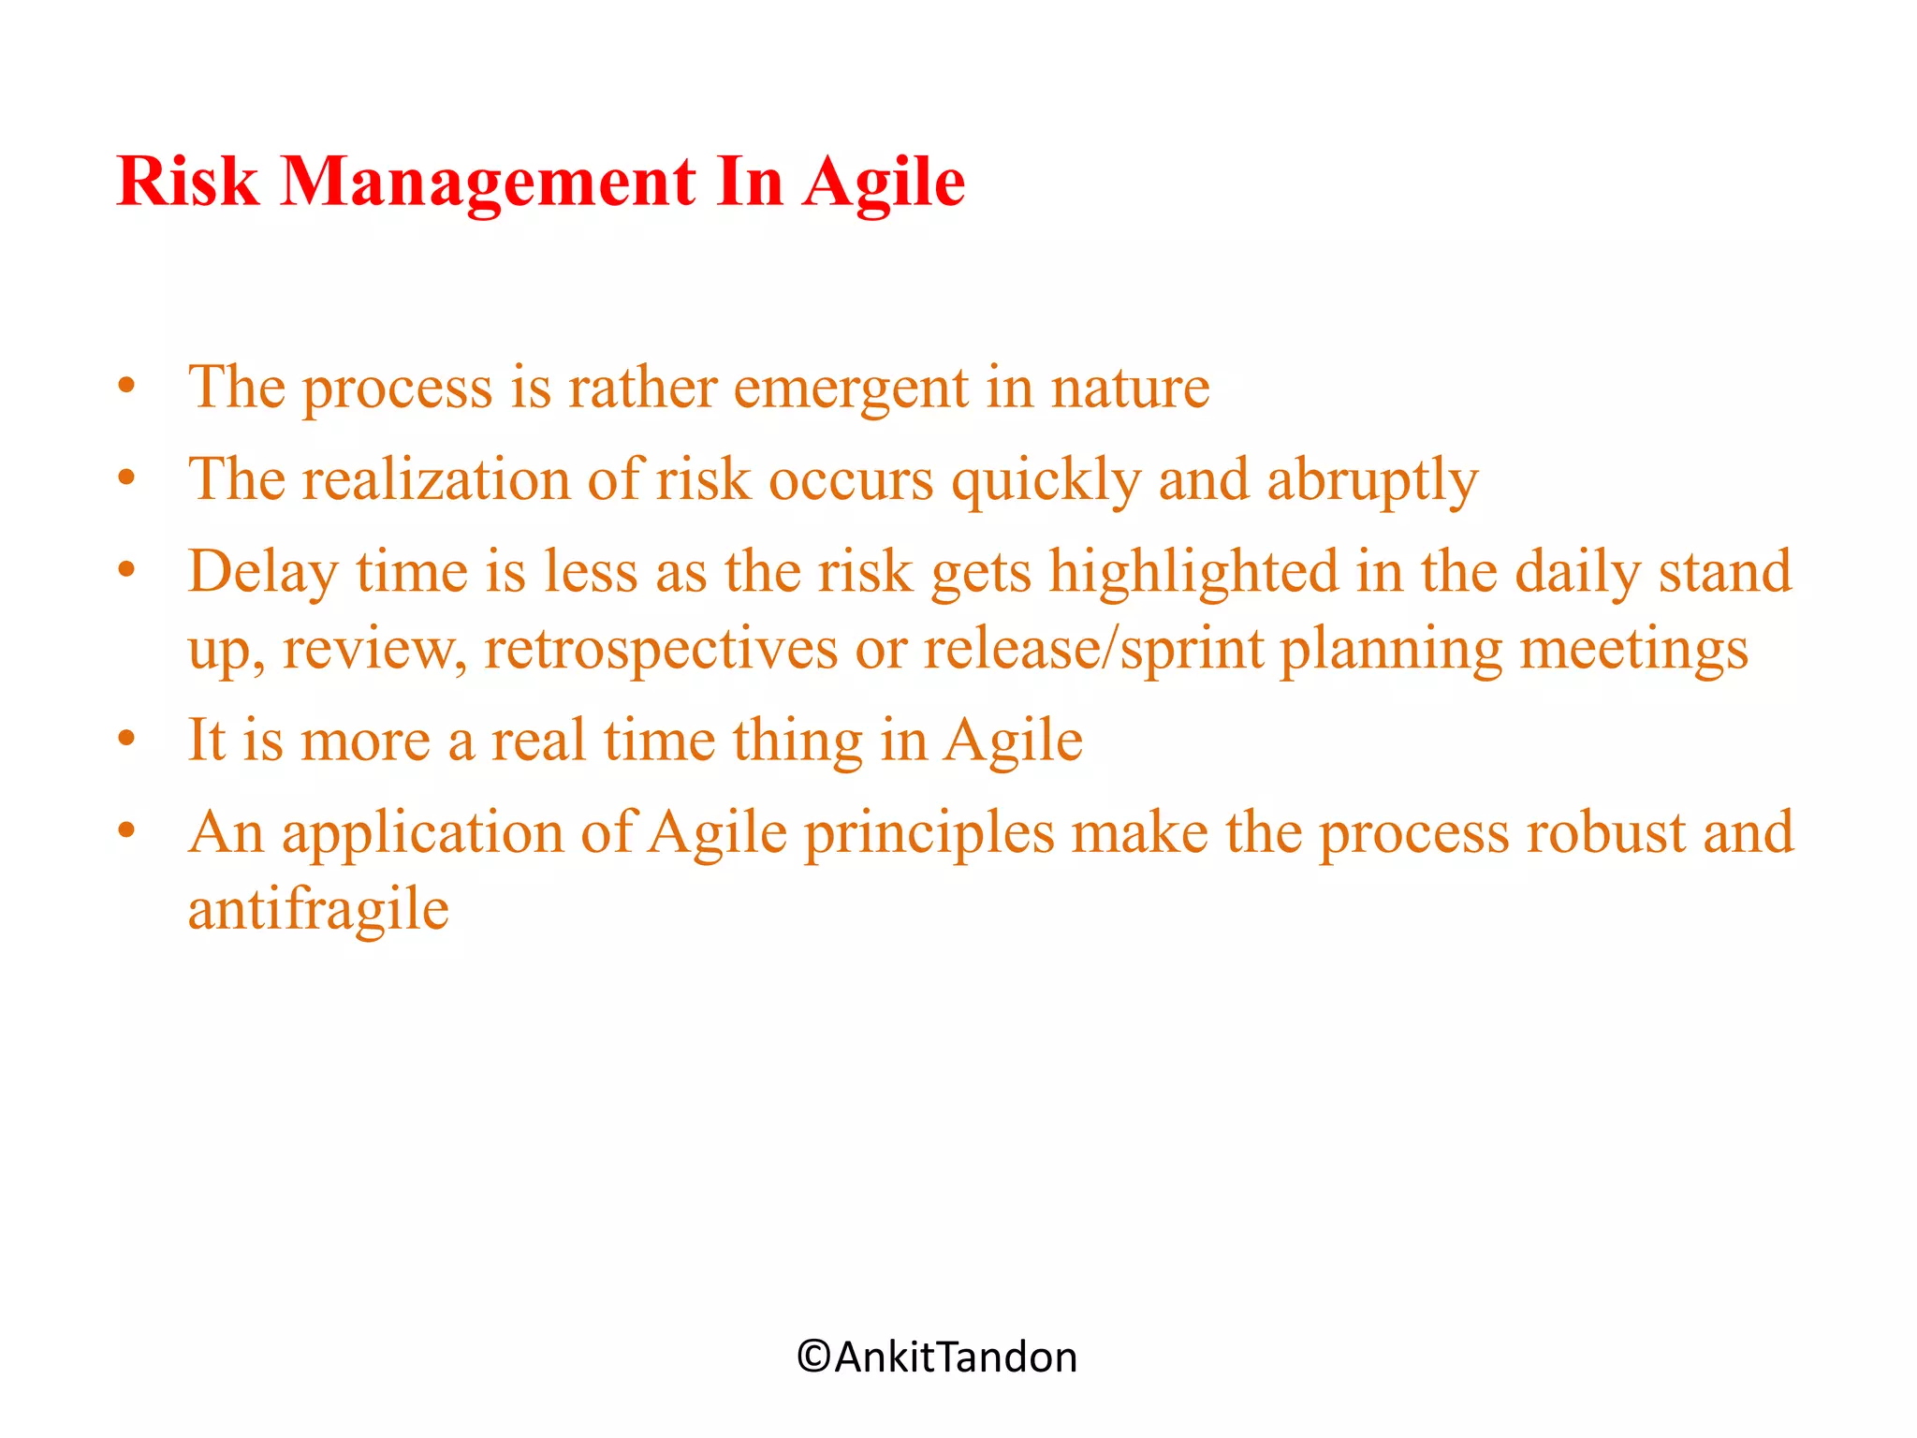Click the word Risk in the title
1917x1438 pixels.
click(x=187, y=181)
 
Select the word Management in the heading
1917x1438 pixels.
click(x=488, y=183)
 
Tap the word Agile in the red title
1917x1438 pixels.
click(x=884, y=183)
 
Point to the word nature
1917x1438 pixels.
click(x=1130, y=389)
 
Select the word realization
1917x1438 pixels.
click(x=436, y=480)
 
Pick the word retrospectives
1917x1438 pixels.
click(x=660, y=649)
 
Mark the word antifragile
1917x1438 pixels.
click(x=318, y=910)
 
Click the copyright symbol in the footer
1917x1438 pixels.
click(x=813, y=1357)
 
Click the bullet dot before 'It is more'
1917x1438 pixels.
click(x=127, y=740)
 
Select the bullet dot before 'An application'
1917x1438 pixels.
click(x=127, y=830)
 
